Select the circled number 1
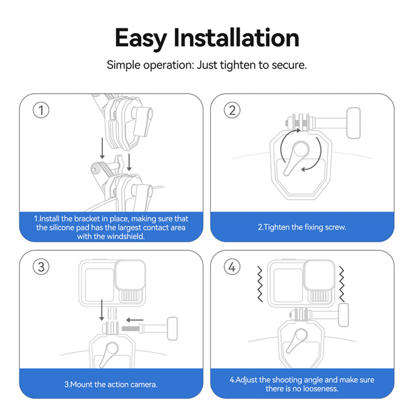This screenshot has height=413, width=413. pyautogui.click(x=41, y=110)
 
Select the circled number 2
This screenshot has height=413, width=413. pyautogui.click(x=232, y=110)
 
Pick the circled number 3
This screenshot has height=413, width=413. pyautogui.click(x=41, y=267)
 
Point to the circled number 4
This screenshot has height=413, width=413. pyautogui.click(x=232, y=267)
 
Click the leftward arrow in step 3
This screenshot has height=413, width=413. pyautogui.click(x=135, y=319)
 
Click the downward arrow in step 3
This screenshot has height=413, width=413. pyautogui.click(x=102, y=310)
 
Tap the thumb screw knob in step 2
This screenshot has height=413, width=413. pyautogui.click(x=353, y=123)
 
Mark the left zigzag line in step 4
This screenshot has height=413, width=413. pyautogui.click(x=260, y=284)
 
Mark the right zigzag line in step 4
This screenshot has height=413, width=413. pyautogui.click(x=342, y=284)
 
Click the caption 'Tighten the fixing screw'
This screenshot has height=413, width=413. pyautogui.click(x=302, y=227)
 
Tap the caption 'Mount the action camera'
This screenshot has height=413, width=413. pyautogui.click(x=111, y=384)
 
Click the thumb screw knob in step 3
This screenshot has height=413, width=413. pyautogui.click(x=172, y=329)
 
